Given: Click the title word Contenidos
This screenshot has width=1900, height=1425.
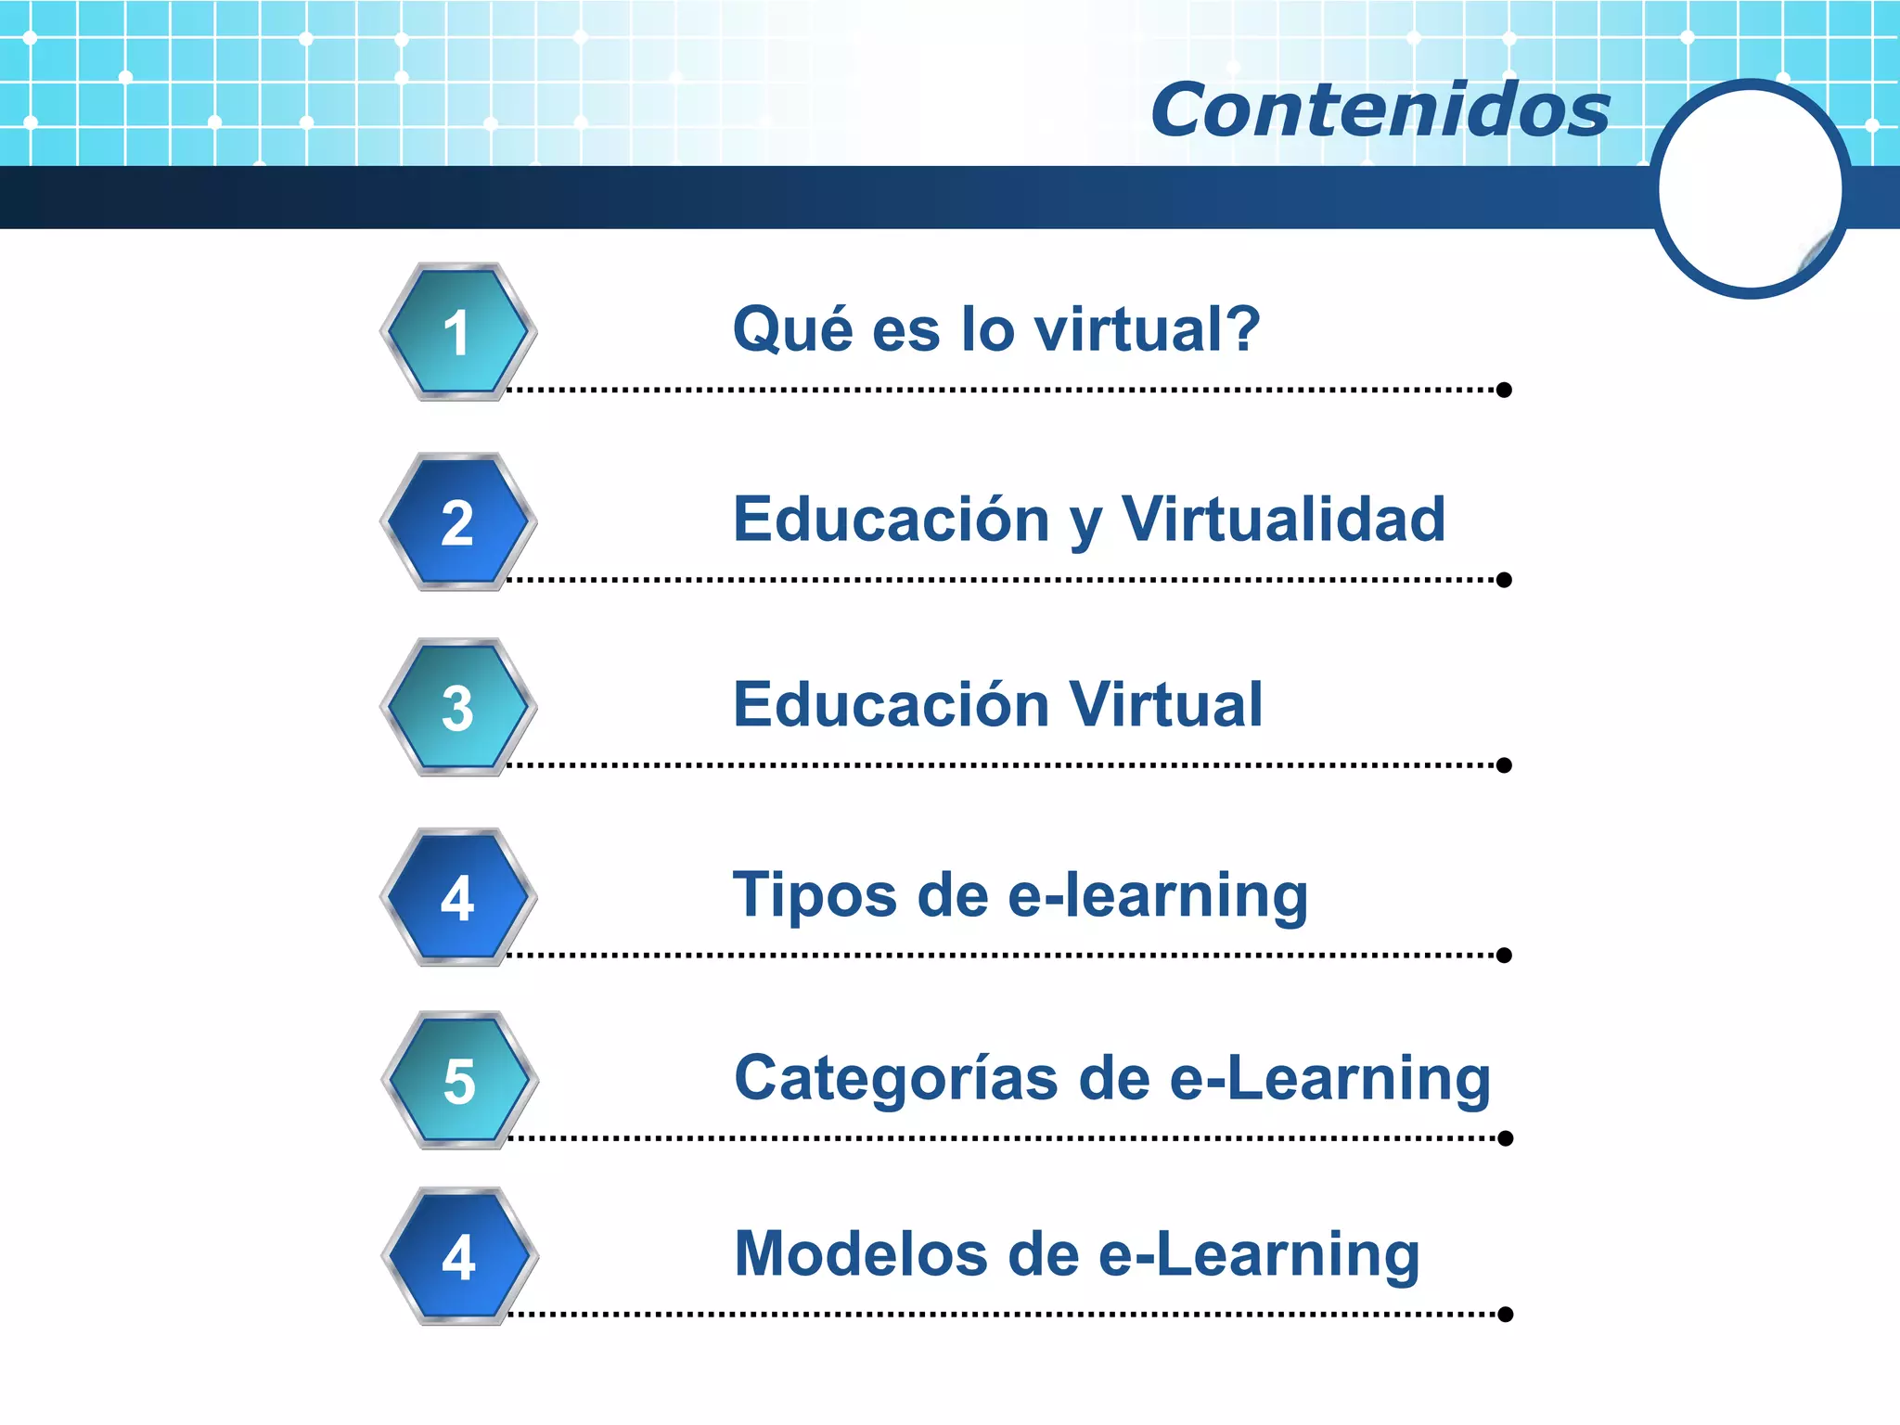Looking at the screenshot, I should (1380, 110).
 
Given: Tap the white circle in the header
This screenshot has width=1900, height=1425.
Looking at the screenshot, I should (1750, 189).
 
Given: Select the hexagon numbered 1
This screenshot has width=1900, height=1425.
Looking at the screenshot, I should (457, 332).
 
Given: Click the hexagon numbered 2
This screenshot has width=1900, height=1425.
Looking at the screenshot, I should (457, 522).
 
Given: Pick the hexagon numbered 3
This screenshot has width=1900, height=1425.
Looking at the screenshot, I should (457, 708).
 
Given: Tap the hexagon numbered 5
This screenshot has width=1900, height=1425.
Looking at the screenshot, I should (459, 1081).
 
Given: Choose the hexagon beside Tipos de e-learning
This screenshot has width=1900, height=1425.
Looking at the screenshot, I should (457, 897).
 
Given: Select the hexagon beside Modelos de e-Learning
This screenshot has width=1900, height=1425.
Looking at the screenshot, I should (459, 1257).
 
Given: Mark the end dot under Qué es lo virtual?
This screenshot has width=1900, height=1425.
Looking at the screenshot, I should (1504, 391).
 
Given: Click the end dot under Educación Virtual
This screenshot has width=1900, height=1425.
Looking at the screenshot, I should (1504, 765).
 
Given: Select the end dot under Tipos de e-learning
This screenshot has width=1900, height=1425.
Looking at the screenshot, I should (1504, 956).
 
